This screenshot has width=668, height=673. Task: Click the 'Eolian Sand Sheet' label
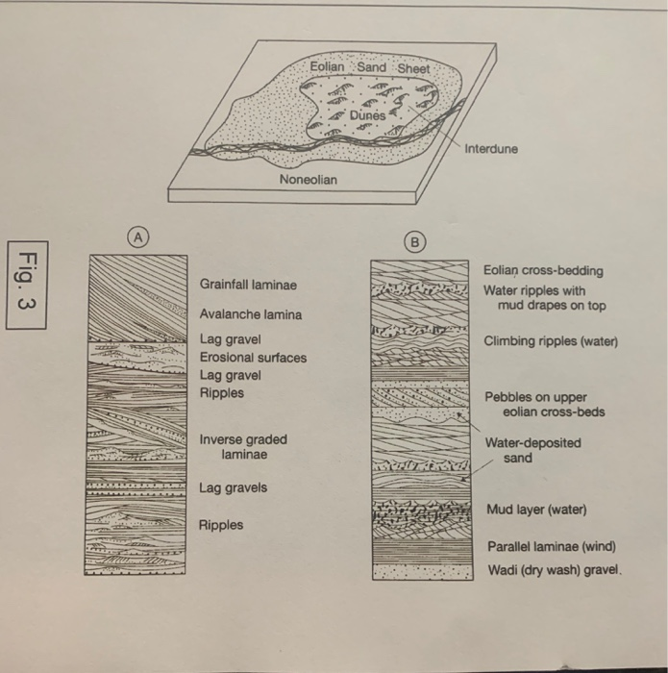[x=370, y=68]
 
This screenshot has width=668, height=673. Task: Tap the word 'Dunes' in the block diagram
[x=366, y=115]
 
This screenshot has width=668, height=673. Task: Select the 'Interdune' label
[x=491, y=149]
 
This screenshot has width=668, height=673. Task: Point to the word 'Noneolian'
[x=308, y=180]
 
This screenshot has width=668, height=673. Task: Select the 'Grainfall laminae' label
[x=248, y=286]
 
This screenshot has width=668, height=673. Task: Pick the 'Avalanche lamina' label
[x=250, y=314]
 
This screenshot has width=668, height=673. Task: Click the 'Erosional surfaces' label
[x=253, y=358]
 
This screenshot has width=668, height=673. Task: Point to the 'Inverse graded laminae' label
[x=243, y=446]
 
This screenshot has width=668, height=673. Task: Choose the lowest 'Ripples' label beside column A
[x=221, y=525]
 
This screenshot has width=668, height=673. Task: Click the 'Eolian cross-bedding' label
[x=543, y=271]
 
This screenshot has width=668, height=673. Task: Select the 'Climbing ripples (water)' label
[x=551, y=341]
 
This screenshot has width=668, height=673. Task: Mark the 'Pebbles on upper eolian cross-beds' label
[x=549, y=404]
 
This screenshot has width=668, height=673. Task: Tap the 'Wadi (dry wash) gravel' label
[x=555, y=569]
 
